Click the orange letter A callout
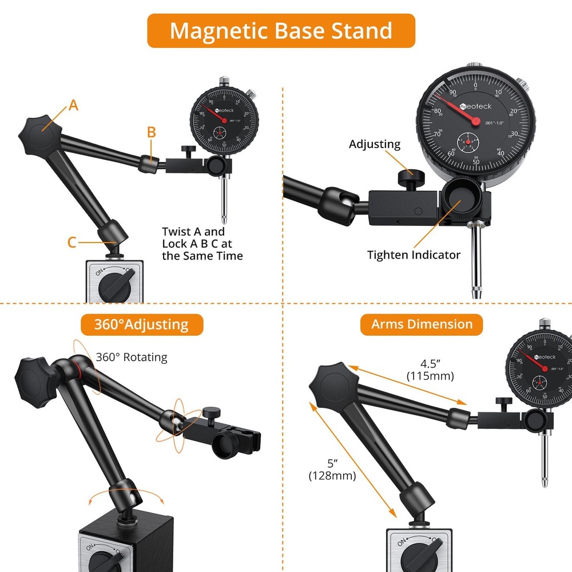pyautogui.click(x=73, y=105)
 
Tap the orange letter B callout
pyautogui.click(x=151, y=133)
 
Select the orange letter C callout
pyautogui.click(x=71, y=243)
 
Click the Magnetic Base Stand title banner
pyautogui.click(x=281, y=30)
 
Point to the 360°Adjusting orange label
pyautogui.click(x=141, y=325)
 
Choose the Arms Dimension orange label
pyautogui.click(x=422, y=324)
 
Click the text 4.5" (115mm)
pyautogui.click(x=429, y=370)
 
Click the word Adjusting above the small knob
pyautogui.click(x=375, y=144)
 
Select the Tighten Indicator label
pyautogui.click(x=414, y=255)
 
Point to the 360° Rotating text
pyautogui.click(x=132, y=357)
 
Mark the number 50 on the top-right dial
pyautogui.click(x=476, y=162)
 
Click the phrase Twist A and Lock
pyautogui.click(x=193, y=237)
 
